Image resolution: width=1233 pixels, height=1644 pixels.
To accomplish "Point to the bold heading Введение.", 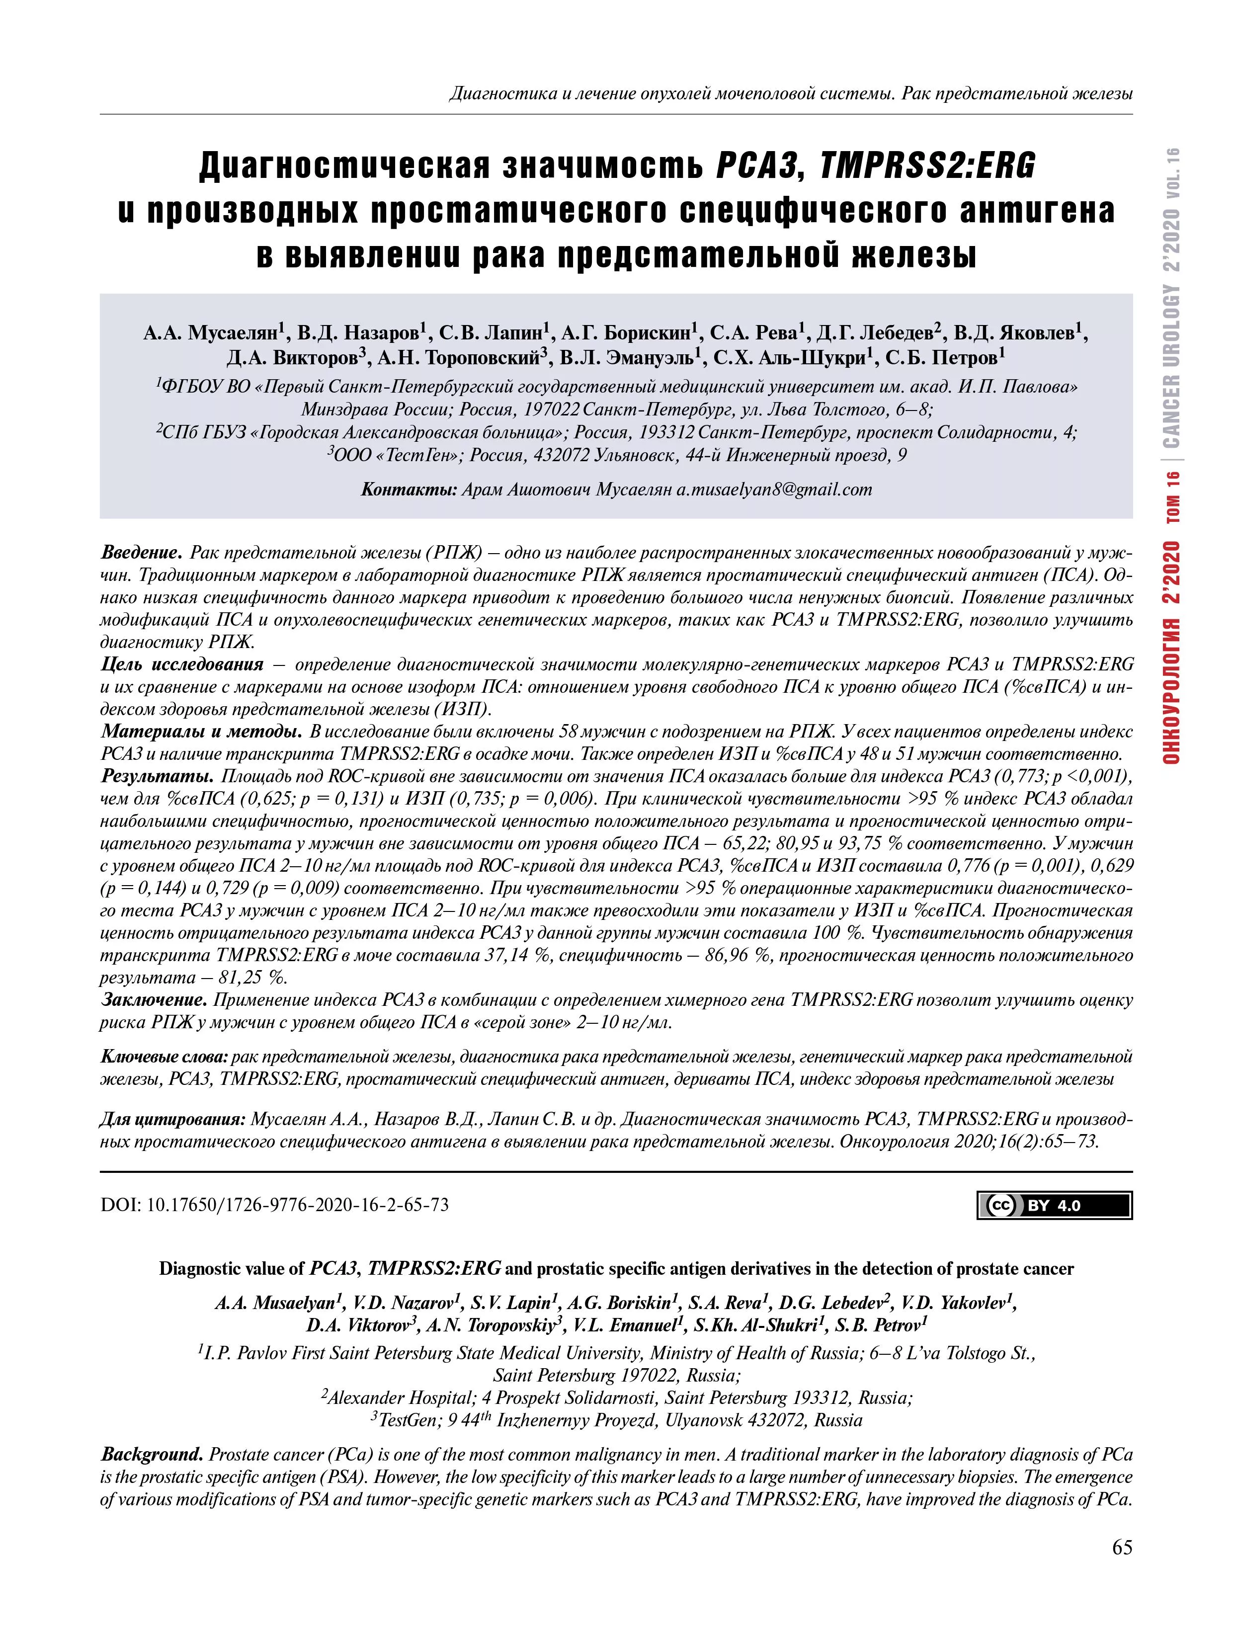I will click(141, 553).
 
